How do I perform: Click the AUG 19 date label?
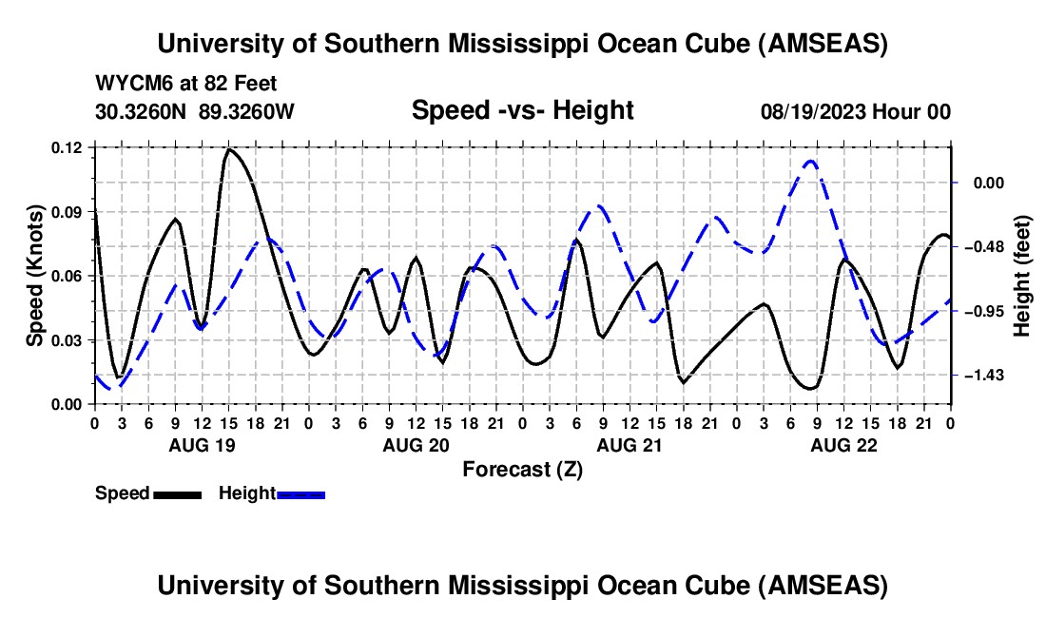pos(202,445)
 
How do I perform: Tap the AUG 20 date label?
pos(416,445)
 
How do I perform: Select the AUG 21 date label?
pos(630,445)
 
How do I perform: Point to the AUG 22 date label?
pos(843,445)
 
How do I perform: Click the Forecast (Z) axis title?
pos(522,469)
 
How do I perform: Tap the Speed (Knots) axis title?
pos(35,276)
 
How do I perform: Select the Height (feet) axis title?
pos(1022,276)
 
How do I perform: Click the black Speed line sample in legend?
pos(177,494)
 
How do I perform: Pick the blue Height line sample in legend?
pos(301,494)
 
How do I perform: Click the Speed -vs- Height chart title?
pos(522,110)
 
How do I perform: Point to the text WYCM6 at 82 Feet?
pos(186,84)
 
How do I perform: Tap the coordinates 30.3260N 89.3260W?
pos(195,111)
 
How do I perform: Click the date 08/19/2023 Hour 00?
pos(855,111)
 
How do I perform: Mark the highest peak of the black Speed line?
pos(228,149)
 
